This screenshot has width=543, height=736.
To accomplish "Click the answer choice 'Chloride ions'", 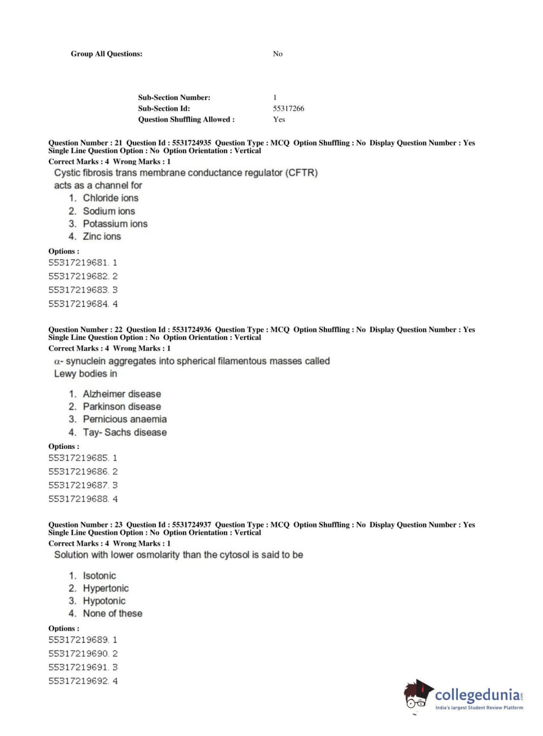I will coord(110,198).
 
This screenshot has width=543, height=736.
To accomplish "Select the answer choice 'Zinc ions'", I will coord(101,237).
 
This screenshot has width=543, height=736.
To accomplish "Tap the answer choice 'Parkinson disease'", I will coord(122,407).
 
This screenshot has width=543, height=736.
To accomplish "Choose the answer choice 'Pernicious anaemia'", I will coord(124,419).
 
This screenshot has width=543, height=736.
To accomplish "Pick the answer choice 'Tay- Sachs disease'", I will coord(124,433).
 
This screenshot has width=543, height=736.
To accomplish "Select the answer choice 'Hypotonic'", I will coord(104,601).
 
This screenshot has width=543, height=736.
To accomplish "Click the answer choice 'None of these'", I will coord(112,613).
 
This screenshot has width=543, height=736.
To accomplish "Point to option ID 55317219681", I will coord(78,263).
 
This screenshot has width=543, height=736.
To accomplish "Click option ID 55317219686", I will coord(78,472).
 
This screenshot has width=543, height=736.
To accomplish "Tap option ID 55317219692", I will coord(78,681).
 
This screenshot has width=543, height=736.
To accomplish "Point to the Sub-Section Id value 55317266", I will coord(288,109).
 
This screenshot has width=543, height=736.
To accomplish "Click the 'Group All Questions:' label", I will coord(106,54).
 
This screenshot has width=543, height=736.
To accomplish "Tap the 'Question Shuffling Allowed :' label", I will coord(186,119).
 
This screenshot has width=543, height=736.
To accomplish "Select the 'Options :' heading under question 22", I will coord(63,447).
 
